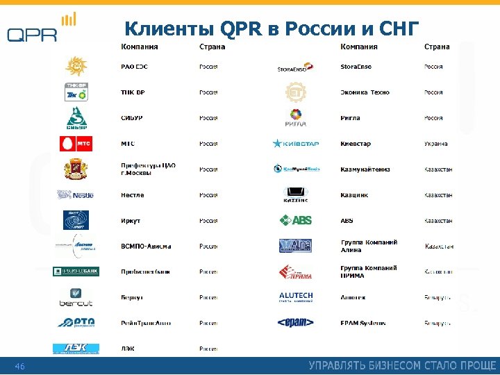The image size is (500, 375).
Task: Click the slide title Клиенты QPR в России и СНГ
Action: click(272, 28)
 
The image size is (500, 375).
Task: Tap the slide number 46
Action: click(19, 366)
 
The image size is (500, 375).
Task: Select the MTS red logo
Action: click(76, 144)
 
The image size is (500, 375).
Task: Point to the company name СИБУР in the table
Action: click(131, 118)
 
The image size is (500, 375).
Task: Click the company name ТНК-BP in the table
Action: click(132, 92)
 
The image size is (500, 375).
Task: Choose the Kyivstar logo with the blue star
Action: click(296, 144)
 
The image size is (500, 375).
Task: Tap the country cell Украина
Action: click(435, 144)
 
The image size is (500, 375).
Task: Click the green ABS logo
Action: click(296, 220)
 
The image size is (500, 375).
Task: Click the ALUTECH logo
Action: click(296, 297)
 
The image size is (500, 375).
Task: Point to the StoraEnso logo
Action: click(296, 67)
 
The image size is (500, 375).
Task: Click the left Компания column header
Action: click(140, 47)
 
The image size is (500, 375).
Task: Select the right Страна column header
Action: click(437, 47)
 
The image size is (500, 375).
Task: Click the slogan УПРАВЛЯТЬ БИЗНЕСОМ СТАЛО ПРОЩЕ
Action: click(403, 366)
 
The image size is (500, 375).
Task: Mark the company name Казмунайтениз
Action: click(365, 169)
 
